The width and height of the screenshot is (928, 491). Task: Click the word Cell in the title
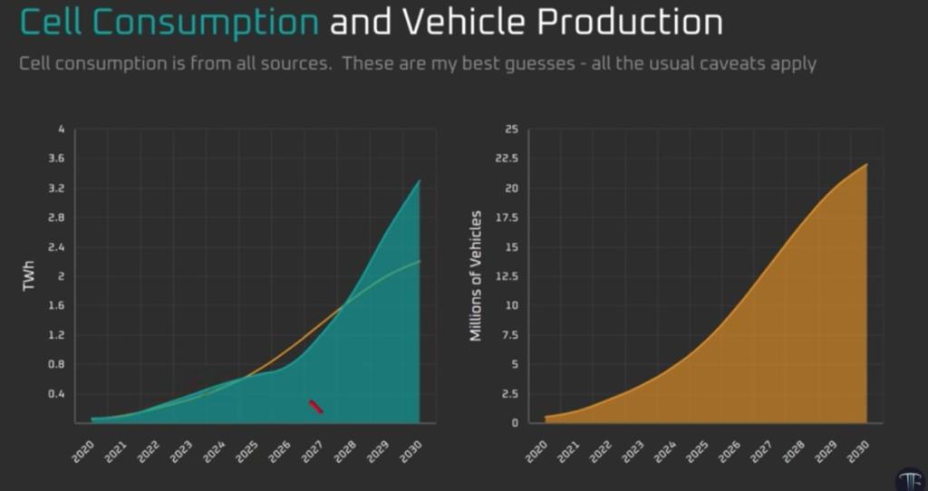pos(53,23)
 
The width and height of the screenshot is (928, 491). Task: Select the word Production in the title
pos(632,23)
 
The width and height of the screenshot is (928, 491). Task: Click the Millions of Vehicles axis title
pos(476,275)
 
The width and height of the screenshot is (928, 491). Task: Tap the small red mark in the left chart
pos(315,407)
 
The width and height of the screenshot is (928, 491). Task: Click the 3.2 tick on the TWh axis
pos(55,188)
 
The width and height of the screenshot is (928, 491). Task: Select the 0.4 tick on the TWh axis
pos(55,394)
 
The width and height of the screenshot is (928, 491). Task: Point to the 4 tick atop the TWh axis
pos(62,130)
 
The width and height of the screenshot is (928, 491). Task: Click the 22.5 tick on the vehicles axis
pos(506,159)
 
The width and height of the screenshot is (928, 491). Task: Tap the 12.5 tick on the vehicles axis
pos(506,276)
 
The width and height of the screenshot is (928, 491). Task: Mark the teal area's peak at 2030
pos(419,180)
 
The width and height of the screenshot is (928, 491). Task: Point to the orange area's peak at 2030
pos(866,164)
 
